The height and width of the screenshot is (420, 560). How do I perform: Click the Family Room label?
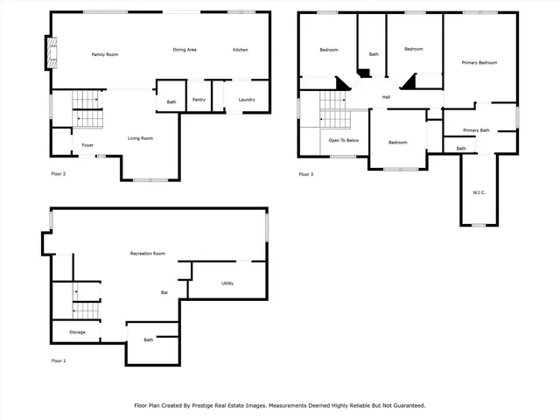(x=105, y=55)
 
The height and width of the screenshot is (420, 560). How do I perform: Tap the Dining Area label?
(x=184, y=50)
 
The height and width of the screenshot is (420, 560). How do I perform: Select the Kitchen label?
(x=240, y=50)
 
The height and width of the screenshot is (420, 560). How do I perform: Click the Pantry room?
(x=199, y=100)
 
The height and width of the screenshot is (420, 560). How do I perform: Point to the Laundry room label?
(x=247, y=100)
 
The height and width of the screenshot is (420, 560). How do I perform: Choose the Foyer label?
(x=88, y=144)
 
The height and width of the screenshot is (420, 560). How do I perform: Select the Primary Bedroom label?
(x=480, y=63)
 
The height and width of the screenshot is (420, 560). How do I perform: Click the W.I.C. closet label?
(x=479, y=192)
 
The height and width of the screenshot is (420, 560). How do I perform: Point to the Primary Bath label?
(x=476, y=130)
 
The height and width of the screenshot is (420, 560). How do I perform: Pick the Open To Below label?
(x=343, y=140)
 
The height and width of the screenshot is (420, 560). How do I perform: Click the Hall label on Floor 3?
(x=385, y=96)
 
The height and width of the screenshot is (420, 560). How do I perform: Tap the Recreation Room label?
(x=148, y=253)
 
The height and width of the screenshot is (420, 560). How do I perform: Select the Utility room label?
(x=227, y=283)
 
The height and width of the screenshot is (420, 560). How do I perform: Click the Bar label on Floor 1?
(x=164, y=292)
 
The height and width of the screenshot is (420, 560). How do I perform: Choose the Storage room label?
(x=77, y=332)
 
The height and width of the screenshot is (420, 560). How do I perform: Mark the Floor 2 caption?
(x=59, y=174)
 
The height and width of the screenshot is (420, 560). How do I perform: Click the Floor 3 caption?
(x=305, y=174)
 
